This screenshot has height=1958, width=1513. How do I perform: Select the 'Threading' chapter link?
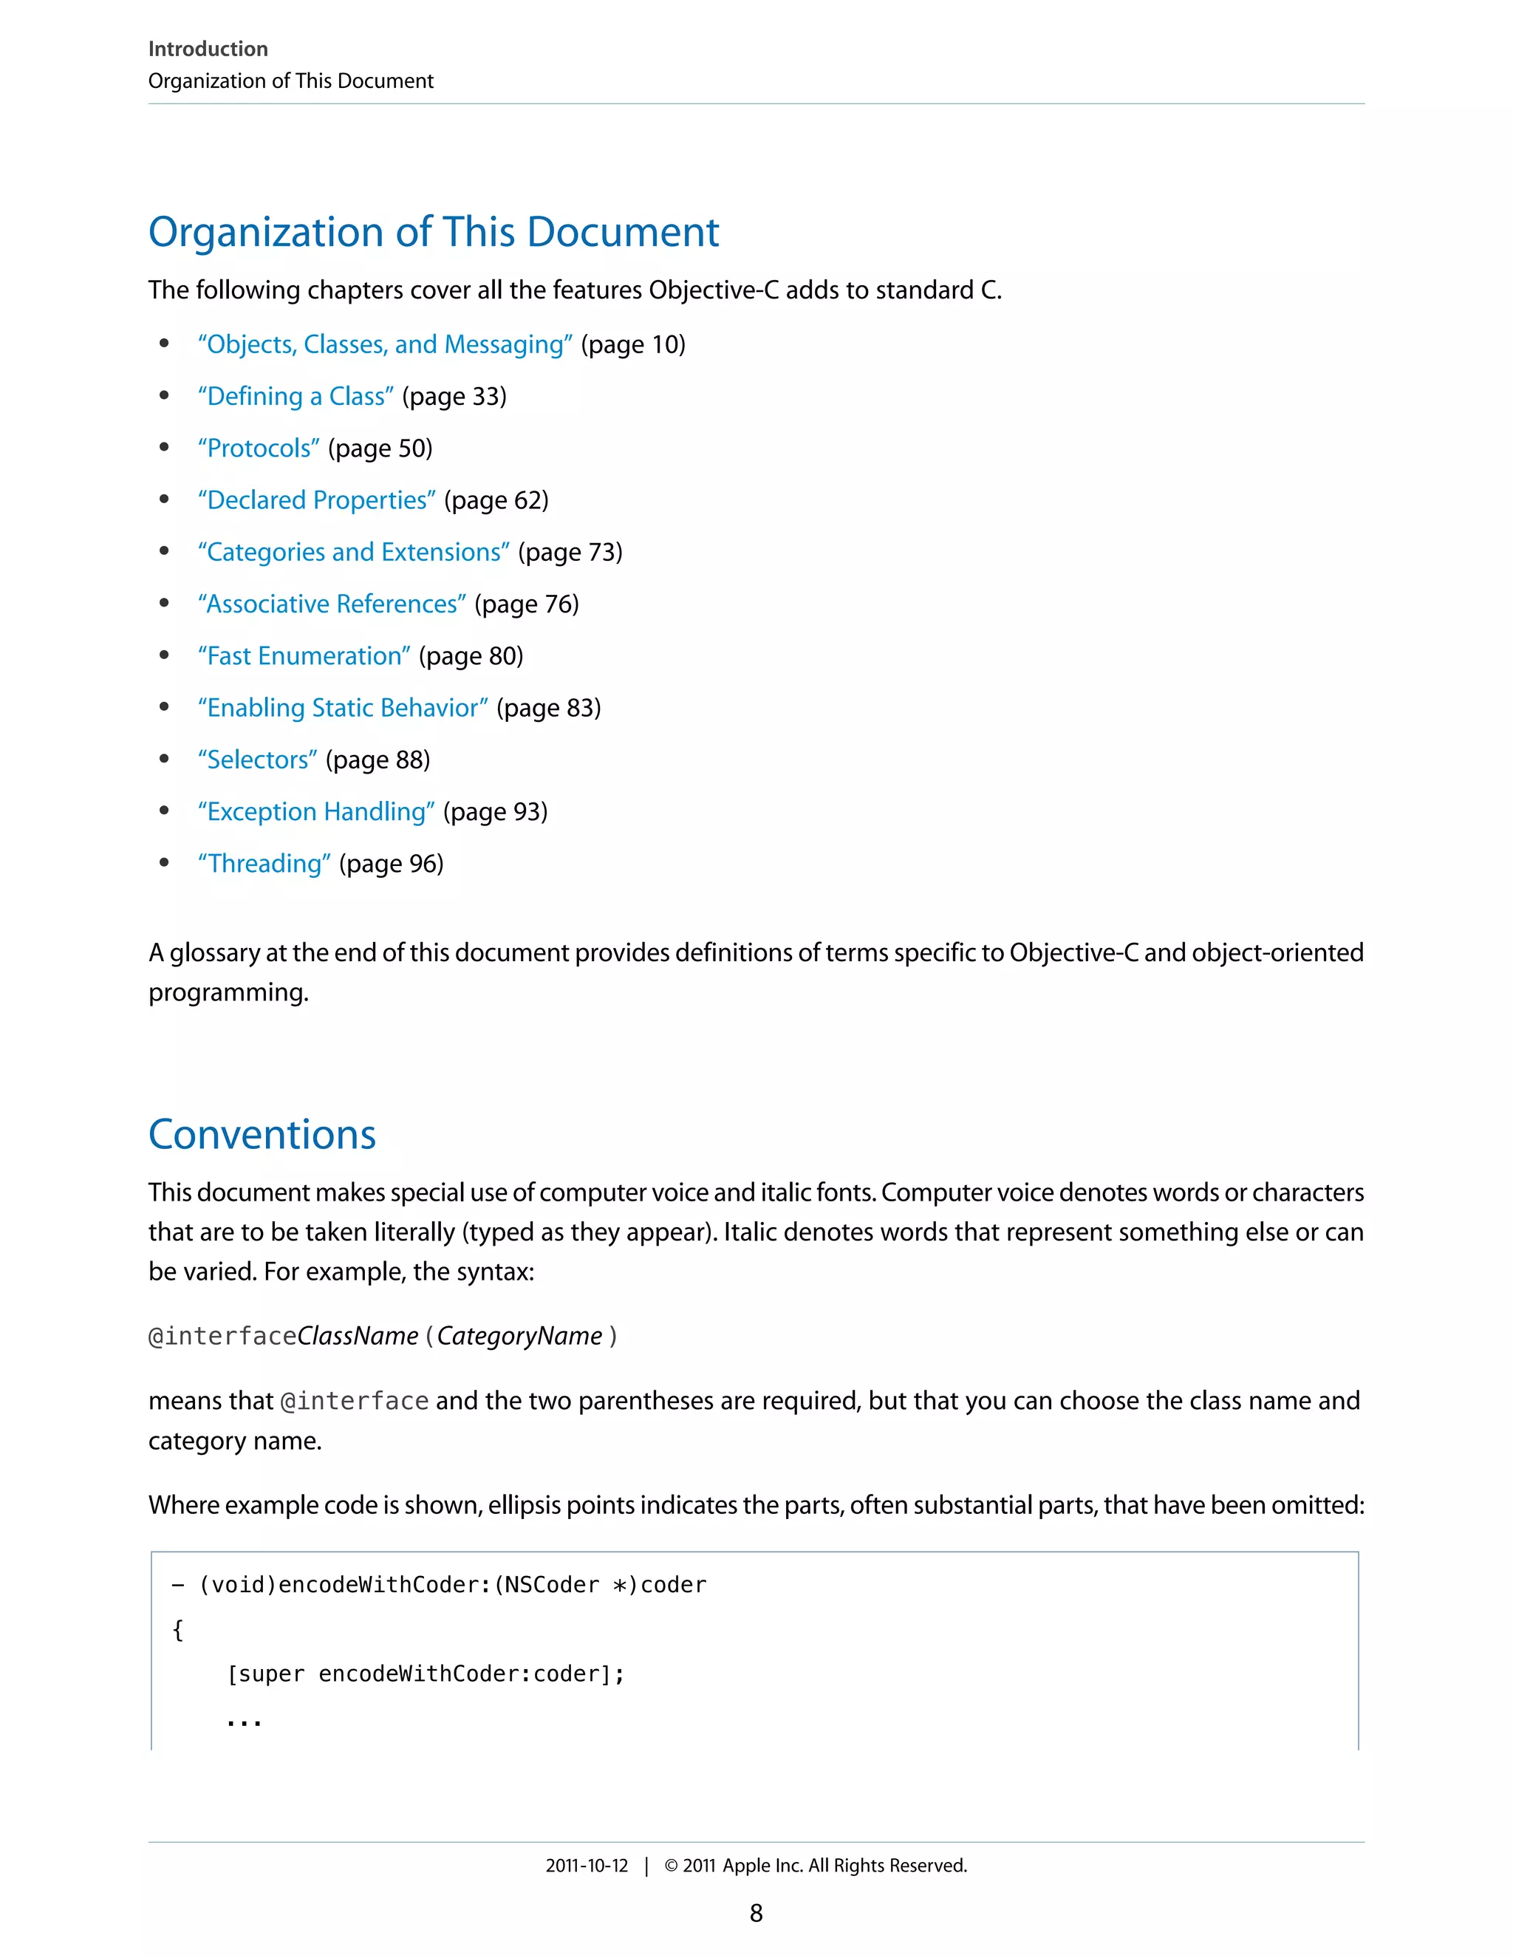tap(264, 863)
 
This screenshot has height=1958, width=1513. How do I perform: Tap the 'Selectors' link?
tap(257, 760)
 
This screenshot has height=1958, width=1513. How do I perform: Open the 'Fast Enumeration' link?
tap(304, 655)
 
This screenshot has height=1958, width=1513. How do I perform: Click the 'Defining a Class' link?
tap(296, 396)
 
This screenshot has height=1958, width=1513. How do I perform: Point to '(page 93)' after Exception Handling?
tap(495, 811)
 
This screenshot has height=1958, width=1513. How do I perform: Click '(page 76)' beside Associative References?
tap(526, 604)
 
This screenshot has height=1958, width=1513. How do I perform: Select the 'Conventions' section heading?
tap(262, 1134)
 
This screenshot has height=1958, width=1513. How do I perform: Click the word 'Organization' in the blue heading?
tap(266, 232)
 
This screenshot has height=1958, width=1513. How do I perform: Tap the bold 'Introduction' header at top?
tap(208, 49)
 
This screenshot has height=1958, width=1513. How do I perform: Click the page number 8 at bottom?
tap(756, 1913)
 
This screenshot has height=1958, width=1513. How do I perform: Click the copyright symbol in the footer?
tap(671, 1866)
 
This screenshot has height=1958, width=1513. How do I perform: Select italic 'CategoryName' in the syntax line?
tap(519, 1336)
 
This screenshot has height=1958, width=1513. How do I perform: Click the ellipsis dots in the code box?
tap(244, 1722)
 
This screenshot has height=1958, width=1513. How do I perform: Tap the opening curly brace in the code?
tap(177, 1629)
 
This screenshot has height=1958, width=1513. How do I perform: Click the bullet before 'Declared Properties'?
tap(164, 499)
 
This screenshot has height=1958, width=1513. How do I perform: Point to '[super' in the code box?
tap(266, 1674)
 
